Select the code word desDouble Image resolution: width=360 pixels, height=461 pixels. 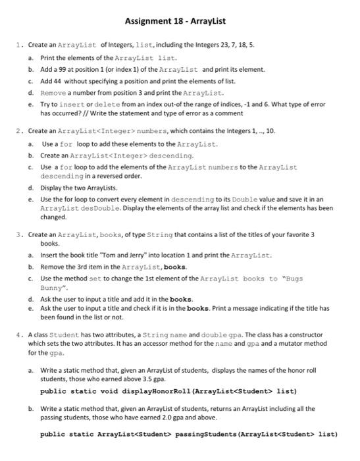click(78, 209)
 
